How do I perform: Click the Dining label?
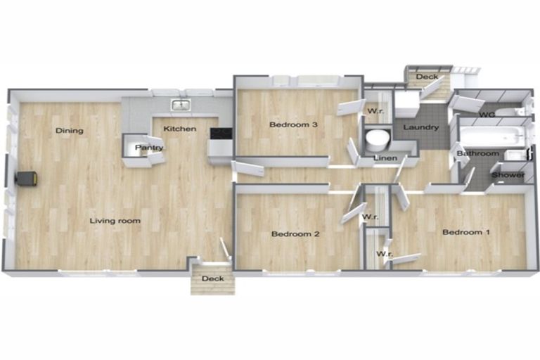tap(70, 131)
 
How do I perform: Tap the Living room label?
tap(115, 221)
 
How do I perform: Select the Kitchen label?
tap(180, 129)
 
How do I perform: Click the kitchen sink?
tap(181, 105)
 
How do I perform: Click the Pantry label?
tap(149, 148)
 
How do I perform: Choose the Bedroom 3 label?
tap(293, 124)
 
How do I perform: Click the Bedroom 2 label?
tap(295, 234)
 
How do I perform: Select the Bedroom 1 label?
tap(466, 232)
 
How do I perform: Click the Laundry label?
tap(421, 127)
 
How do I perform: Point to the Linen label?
tap(385, 158)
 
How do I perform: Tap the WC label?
tap(487, 115)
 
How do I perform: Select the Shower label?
tap(508, 175)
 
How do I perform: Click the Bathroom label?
tap(478, 153)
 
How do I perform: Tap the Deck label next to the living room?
tap(213, 278)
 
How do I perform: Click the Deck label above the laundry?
tap(427, 77)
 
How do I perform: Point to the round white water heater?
tap(378, 139)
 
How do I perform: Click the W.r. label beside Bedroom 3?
tap(375, 111)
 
